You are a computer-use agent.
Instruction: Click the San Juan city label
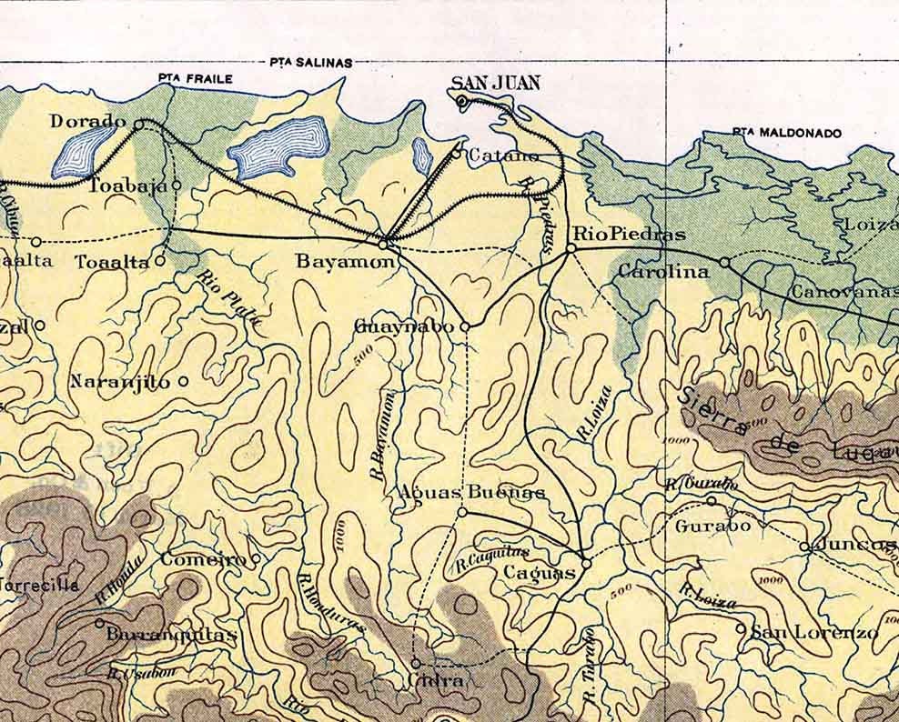pos(495,84)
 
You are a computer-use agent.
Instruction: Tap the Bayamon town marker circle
pos(384,243)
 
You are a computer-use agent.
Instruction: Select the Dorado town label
pos(87,121)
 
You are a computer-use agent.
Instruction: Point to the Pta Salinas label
pos(310,63)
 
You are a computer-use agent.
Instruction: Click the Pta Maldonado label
pos(786,133)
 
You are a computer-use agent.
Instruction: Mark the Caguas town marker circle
pos(586,563)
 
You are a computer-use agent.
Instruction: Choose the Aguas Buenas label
pos(472,492)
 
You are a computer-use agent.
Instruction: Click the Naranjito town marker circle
pos(183,382)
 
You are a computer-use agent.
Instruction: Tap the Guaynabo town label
pos(403,326)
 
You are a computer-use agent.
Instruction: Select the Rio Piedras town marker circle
pos(571,247)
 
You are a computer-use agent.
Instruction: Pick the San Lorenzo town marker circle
pos(742,628)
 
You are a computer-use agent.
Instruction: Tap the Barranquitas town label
pos(171,635)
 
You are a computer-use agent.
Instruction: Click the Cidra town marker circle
pos(416,663)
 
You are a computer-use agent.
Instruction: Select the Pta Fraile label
pos(195,79)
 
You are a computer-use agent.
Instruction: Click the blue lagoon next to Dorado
pos(84,150)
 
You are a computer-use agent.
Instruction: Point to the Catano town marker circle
pos(457,153)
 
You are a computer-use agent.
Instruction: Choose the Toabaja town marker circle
pos(176,185)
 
